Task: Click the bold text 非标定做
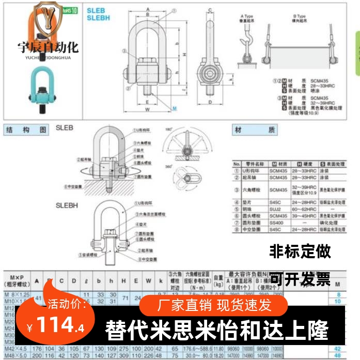click(300, 252)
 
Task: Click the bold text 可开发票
click(300, 279)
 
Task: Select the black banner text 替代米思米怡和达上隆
click(217, 328)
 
